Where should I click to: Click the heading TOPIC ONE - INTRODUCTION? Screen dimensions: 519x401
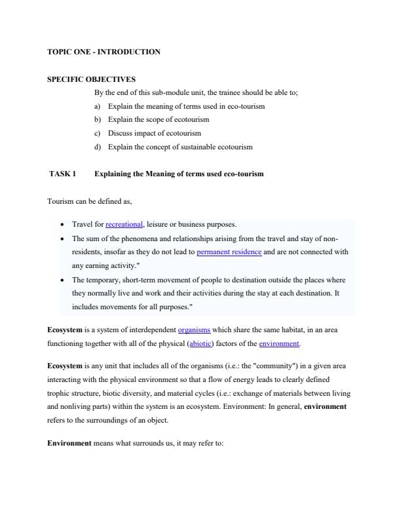[x=104, y=52]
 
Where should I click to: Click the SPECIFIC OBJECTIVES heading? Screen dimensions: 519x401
[x=91, y=79]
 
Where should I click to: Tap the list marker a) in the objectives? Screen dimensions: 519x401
[x=98, y=106]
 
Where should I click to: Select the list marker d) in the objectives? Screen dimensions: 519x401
[x=98, y=147]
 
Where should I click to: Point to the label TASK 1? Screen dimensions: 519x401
[x=63, y=174]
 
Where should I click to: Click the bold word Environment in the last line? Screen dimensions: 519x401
[x=69, y=443]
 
